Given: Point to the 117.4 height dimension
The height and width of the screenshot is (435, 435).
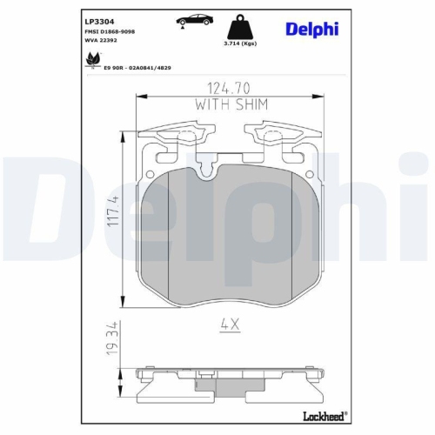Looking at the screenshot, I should click(x=111, y=213).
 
